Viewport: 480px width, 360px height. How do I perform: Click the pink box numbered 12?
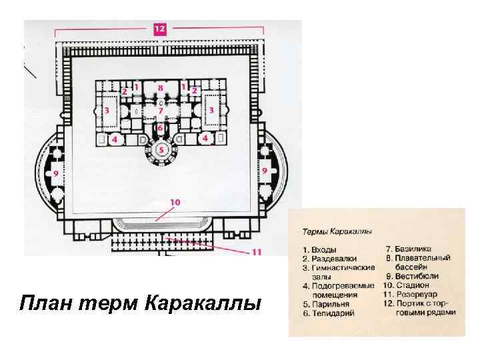(160, 29)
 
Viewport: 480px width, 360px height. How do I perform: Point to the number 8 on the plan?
(160, 87)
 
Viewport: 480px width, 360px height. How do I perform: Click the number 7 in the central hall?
(160, 111)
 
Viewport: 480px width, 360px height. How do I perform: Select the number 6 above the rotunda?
(160, 127)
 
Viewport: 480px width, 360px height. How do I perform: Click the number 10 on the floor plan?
(175, 201)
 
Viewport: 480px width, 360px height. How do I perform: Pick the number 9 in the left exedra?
(56, 173)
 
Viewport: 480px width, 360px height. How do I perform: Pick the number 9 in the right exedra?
(265, 171)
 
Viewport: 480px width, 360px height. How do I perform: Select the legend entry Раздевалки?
(333, 258)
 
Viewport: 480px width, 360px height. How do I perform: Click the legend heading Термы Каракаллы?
(337, 231)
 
